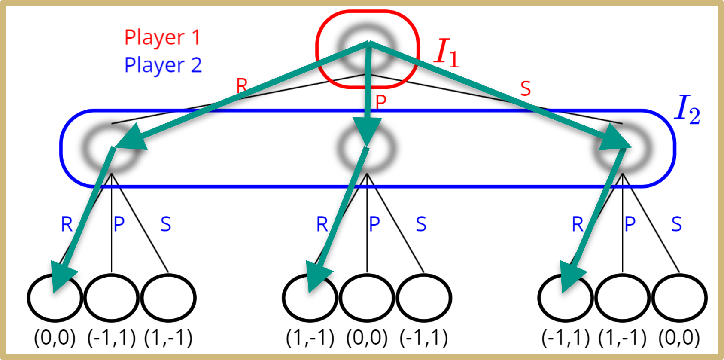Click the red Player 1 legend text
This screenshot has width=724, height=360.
[x=162, y=37]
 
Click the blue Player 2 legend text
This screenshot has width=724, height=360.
[x=163, y=65]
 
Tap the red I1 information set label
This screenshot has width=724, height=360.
[x=446, y=53]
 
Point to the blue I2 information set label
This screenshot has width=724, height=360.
[x=687, y=110]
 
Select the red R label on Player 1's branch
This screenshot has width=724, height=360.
[x=242, y=85]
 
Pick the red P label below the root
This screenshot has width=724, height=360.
[x=381, y=102]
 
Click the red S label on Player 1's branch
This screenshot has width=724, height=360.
[x=526, y=88]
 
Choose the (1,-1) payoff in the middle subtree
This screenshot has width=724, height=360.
[x=310, y=338]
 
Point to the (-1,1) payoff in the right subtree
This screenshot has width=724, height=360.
[x=566, y=338]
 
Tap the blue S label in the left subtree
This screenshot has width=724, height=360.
[x=166, y=224]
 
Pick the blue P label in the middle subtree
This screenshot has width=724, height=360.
[x=374, y=224]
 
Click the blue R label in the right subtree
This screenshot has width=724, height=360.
[x=578, y=224]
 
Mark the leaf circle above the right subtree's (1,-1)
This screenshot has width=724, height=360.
[x=623, y=298]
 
